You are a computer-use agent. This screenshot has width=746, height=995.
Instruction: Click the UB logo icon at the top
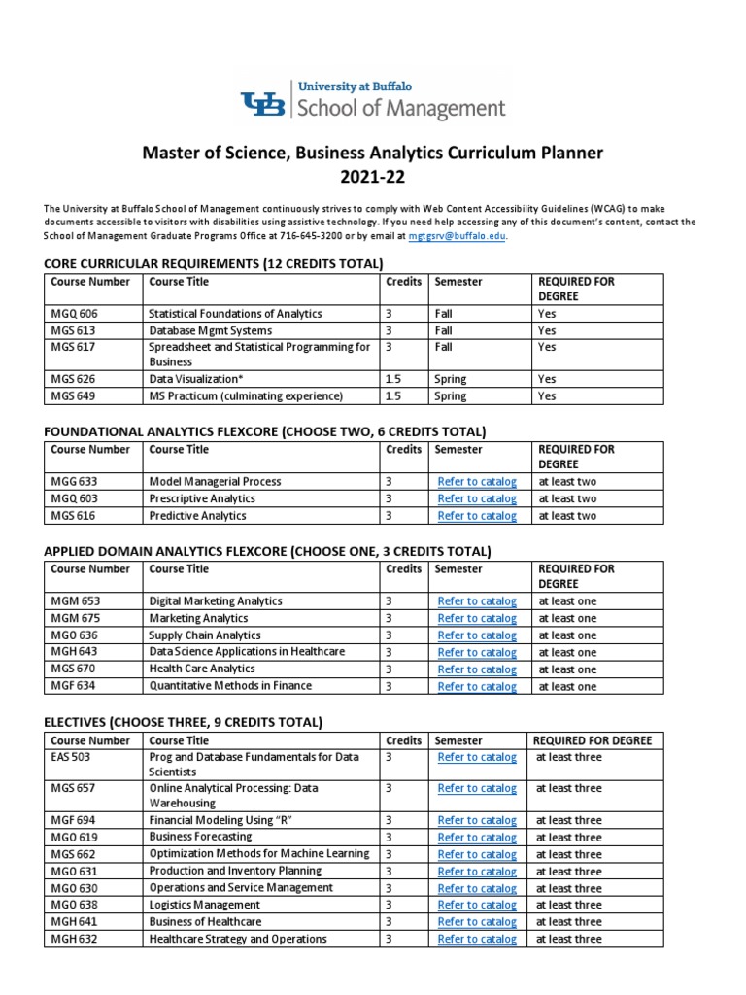[262, 102]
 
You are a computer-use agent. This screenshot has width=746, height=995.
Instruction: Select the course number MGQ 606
[75, 314]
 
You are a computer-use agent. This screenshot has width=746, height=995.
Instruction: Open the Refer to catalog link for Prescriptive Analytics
[477, 499]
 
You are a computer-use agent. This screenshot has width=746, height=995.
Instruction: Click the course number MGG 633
[75, 482]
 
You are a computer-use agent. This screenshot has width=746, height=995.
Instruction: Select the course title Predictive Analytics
[197, 516]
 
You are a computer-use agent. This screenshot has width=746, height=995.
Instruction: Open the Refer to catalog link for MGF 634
[477, 687]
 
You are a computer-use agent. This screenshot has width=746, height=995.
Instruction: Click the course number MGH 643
[75, 652]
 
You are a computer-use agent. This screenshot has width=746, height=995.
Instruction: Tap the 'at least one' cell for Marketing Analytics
[567, 618]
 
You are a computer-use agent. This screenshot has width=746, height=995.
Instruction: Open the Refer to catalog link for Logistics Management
[477, 906]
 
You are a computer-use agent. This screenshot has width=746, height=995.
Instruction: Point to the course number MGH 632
[74, 939]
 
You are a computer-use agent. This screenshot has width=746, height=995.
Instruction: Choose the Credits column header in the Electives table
[403, 740]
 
